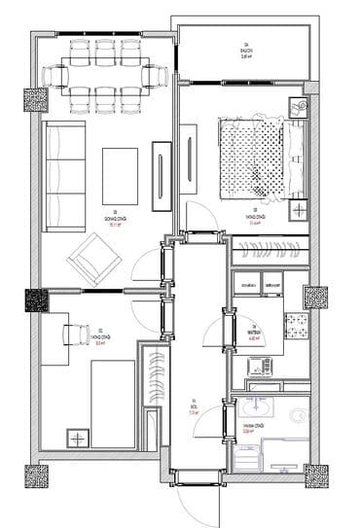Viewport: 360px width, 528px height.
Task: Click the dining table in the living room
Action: click(106, 73)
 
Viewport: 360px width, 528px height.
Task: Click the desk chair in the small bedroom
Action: click(74, 333)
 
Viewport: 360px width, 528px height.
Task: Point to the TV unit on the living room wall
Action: click(162, 175)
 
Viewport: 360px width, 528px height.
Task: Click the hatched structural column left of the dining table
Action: click(36, 100)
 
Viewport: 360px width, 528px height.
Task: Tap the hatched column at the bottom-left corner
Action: click(36, 476)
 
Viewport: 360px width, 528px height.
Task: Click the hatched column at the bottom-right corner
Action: click(316, 476)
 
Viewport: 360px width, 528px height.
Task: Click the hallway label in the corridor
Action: click(195, 406)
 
